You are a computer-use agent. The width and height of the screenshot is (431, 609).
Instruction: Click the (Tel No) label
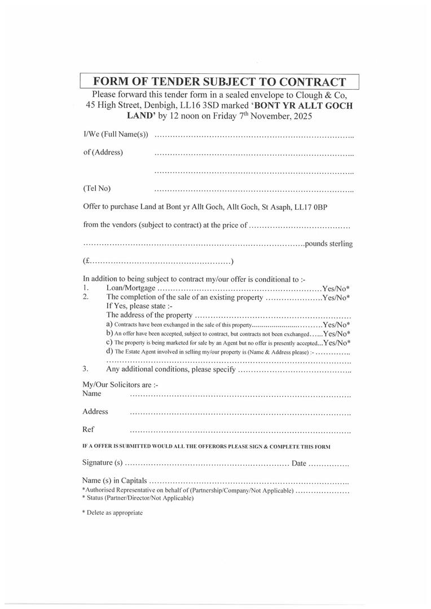pyautogui.click(x=96, y=188)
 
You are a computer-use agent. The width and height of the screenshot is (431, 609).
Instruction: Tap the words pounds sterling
pyautogui.click(x=329, y=244)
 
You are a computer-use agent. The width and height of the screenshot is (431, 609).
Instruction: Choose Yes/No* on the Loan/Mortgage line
pyautogui.click(x=336, y=288)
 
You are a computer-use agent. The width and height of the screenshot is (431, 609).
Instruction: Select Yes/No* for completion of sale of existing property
pyautogui.click(x=336, y=297)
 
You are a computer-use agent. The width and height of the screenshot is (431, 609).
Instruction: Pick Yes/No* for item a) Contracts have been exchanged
pyautogui.click(x=336, y=325)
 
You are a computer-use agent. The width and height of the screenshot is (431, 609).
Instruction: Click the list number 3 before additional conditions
pyautogui.click(x=85, y=369)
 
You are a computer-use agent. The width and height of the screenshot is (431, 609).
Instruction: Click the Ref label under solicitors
pyautogui.click(x=88, y=429)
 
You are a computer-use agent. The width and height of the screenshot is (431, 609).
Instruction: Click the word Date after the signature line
pyautogui.click(x=299, y=463)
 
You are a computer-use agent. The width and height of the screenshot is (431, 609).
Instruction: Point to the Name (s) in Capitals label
pyautogui.click(x=115, y=480)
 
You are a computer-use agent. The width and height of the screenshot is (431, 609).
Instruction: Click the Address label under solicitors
pyautogui.click(x=95, y=412)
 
